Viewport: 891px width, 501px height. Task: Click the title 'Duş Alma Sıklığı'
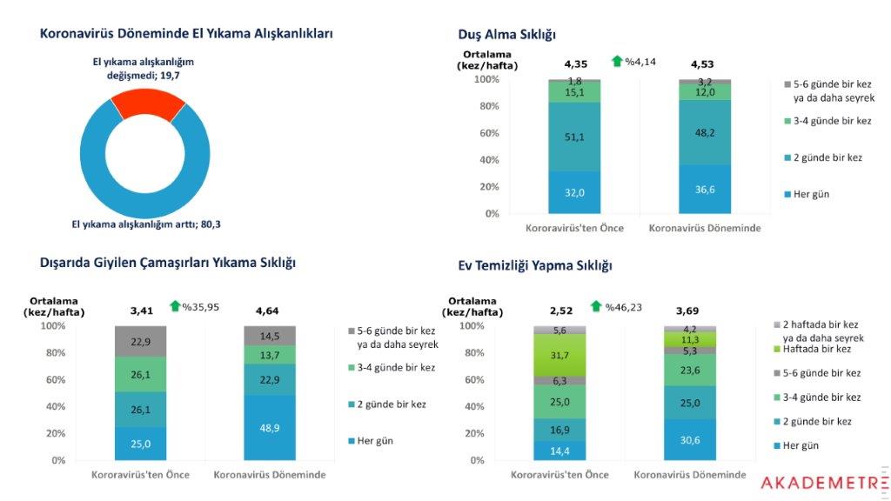507,34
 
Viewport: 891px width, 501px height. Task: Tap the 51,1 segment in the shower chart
574,137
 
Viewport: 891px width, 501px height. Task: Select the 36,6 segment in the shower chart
705,189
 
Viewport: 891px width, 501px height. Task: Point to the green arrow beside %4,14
617,61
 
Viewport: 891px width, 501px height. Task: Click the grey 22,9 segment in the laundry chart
140,341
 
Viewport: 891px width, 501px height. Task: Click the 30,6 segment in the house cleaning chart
690,440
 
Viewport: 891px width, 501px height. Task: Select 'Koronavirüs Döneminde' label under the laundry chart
271,475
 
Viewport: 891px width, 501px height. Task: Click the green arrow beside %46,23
596,306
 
